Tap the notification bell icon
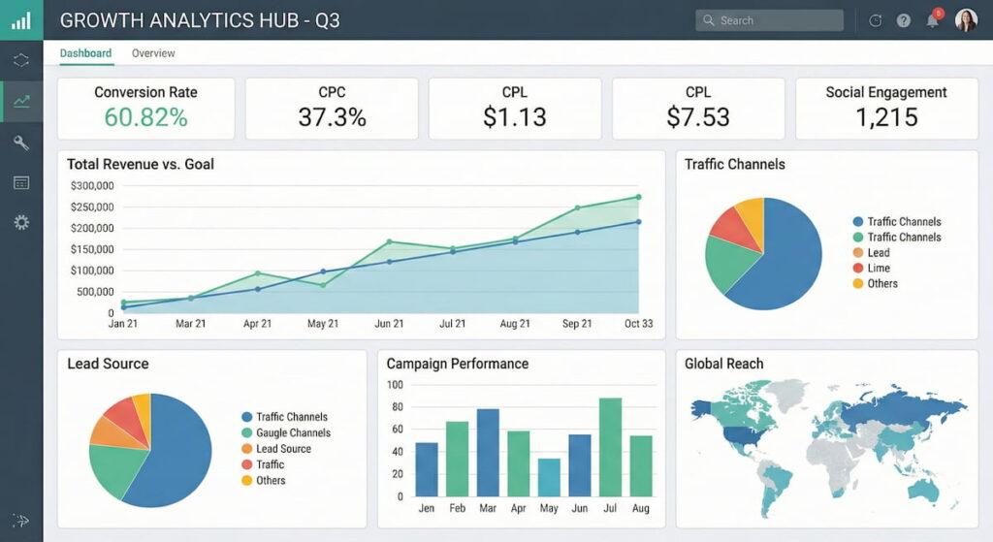(932, 20)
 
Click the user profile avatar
(966, 20)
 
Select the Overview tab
(153, 53)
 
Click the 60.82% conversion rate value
(145, 117)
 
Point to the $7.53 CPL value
(698, 117)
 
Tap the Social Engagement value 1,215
(886, 117)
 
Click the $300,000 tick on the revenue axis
(92, 186)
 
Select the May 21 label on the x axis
(323, 324)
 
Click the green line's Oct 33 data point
(638, 197)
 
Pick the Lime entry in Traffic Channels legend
(878, 268)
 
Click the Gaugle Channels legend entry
(292, 432)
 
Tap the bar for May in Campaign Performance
(549, 477)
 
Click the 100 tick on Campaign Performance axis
(394, 384)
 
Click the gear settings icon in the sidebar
(21, 223)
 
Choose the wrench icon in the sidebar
(21, 143)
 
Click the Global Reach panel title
(723, 364)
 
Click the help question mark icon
(904, 20)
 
